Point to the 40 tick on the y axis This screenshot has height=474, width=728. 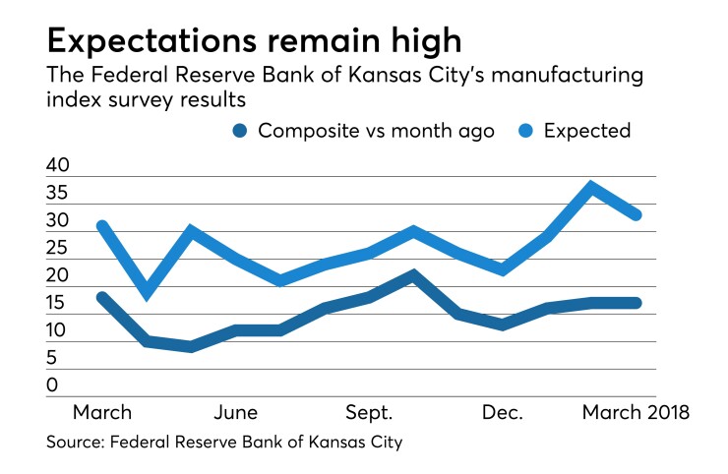point(59,166)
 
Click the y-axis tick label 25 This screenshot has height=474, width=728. point(59,249)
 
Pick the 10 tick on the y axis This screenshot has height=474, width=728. point(59,331)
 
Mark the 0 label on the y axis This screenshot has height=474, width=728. point(52,386)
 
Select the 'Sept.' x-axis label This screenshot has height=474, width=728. point(369,411)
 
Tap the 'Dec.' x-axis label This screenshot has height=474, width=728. point(504,411)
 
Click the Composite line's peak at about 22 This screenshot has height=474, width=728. point(414,274)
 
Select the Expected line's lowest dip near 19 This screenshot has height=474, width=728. point(147,292)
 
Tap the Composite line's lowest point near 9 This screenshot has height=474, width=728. point(191,346)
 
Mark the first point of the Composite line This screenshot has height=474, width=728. point(102,297)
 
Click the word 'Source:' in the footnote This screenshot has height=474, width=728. point(78,444)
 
